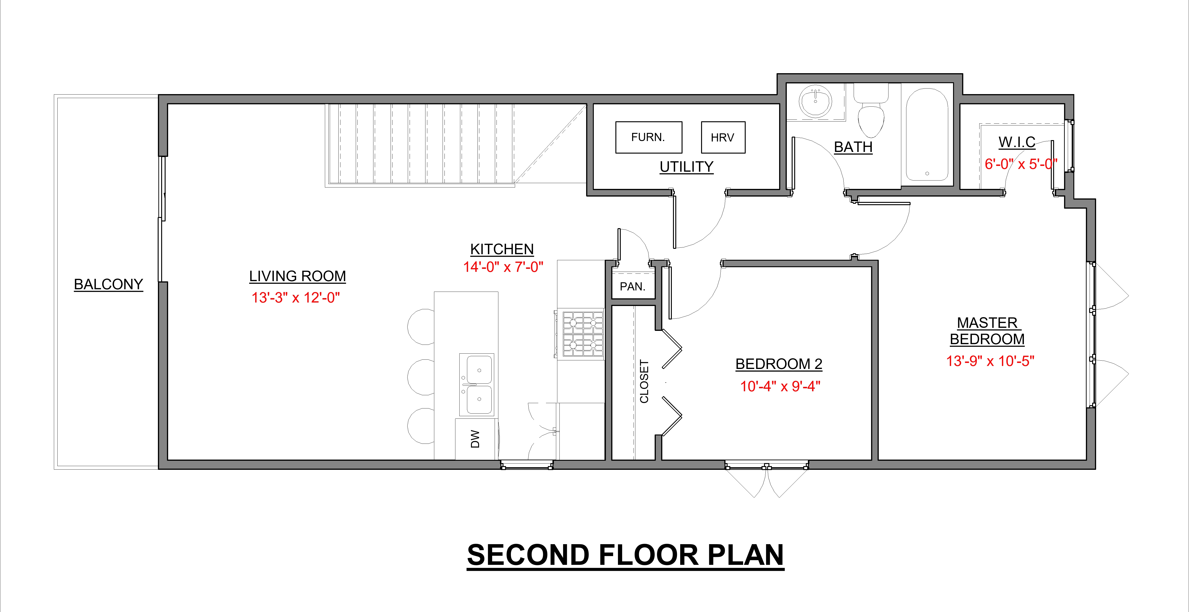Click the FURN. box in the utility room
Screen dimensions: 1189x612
tap(649, 137)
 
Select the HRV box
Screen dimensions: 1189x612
tap(723, 137)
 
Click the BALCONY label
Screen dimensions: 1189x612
tap(108, 285)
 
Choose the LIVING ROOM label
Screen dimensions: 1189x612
tap(297, 276)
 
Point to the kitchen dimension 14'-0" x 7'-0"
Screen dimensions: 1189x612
tap(503, 267)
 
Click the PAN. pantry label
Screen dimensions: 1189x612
tap(632, 287)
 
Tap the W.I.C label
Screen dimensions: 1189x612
tap(1017, 142)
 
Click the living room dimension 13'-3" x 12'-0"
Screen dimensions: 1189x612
tap(295, 298)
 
